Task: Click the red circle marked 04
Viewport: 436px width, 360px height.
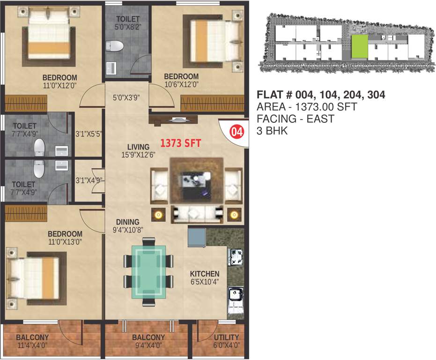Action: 237,132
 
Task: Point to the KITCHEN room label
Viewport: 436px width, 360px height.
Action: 204,274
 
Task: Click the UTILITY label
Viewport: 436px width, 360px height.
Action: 226,337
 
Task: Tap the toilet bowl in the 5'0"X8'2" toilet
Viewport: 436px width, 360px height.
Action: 114,45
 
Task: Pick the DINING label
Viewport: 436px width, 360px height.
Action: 128,222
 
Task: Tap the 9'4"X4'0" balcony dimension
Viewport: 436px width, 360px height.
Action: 148,346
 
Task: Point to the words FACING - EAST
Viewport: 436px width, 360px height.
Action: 296,119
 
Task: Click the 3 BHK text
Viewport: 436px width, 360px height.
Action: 272,131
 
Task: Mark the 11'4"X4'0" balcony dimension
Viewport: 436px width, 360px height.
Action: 32,346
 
